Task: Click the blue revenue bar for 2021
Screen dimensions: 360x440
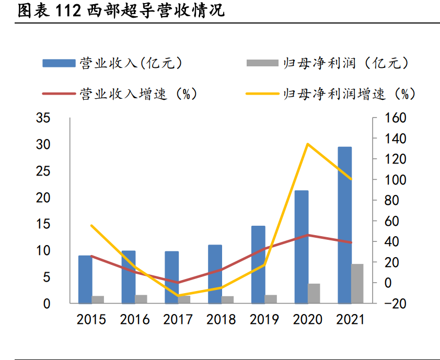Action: tap(344, 225)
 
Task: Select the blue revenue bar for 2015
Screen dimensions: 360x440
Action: tap(85, 279)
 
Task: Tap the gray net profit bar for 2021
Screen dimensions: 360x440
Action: tap(357, 283)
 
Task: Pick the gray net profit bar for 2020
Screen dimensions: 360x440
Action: tap(314, 293)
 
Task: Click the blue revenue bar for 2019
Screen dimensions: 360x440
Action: tap(258, 264)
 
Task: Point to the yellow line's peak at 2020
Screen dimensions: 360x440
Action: tap(308, 144)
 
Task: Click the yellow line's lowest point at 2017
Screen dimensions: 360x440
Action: tap(178, 296)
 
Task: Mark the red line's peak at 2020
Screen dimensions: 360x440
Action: tap(308, 235)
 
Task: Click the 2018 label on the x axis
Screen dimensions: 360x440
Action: tap(221, 319)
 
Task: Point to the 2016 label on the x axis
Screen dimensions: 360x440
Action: tap(135, 319)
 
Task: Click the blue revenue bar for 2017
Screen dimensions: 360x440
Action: tap(172, 277)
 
